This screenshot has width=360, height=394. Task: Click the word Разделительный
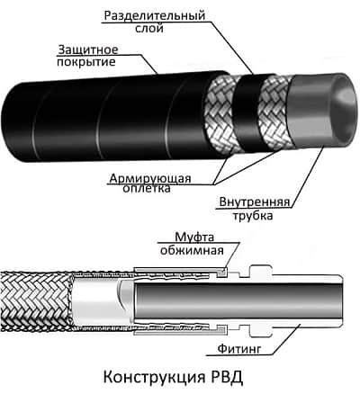155,16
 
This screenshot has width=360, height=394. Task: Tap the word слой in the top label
149,29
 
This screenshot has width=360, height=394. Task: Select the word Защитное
88,49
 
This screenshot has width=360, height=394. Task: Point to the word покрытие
86,62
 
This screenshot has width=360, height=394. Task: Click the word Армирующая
150,179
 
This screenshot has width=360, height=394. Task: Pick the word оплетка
147,189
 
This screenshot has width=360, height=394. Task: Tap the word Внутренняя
255,202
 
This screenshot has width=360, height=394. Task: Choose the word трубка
253,216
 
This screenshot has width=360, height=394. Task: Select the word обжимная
192,250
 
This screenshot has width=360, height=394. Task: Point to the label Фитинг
239,349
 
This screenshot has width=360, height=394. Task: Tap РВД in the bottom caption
225,377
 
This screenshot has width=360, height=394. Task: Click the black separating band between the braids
247,110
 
